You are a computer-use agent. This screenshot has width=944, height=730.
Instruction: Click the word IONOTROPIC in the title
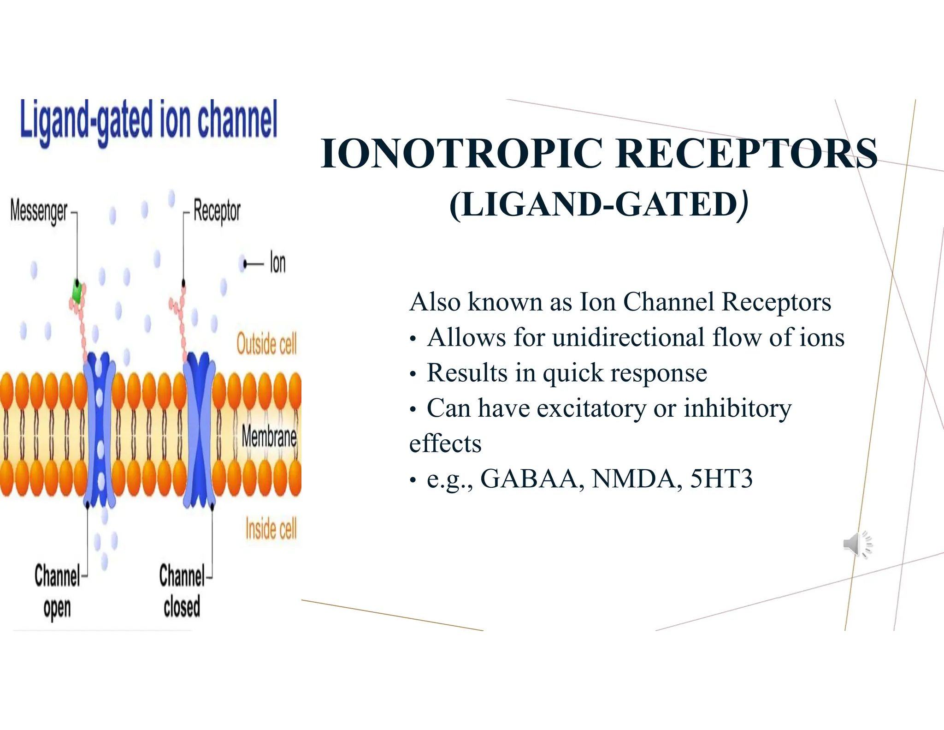point(461,154)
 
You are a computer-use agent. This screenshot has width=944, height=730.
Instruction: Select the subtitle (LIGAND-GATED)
point(598,204)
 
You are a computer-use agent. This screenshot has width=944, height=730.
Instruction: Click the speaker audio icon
point(857,545)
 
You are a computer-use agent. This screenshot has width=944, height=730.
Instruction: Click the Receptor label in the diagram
point(217,211)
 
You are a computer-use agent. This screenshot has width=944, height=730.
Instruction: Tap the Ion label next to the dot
point(277,263)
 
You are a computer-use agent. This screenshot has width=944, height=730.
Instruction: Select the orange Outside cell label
point(266,344)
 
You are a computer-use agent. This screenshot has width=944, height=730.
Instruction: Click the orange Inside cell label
point(271,529)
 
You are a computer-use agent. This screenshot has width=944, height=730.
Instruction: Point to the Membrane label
point(269,437)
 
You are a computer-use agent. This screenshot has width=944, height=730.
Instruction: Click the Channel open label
point(57,592)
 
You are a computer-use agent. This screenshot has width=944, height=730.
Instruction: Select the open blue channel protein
point(100,429)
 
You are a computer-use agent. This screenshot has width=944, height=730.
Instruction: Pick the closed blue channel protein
point(199,429)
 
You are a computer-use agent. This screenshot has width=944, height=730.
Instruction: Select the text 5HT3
point(721,479)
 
